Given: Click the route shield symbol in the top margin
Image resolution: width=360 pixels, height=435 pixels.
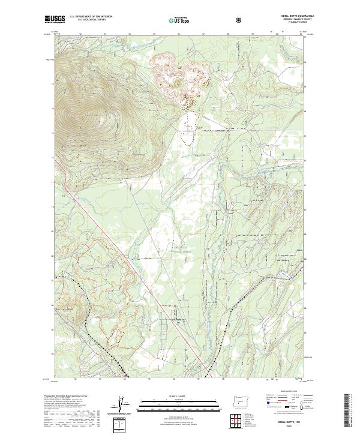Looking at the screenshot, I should pos(240,19).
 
